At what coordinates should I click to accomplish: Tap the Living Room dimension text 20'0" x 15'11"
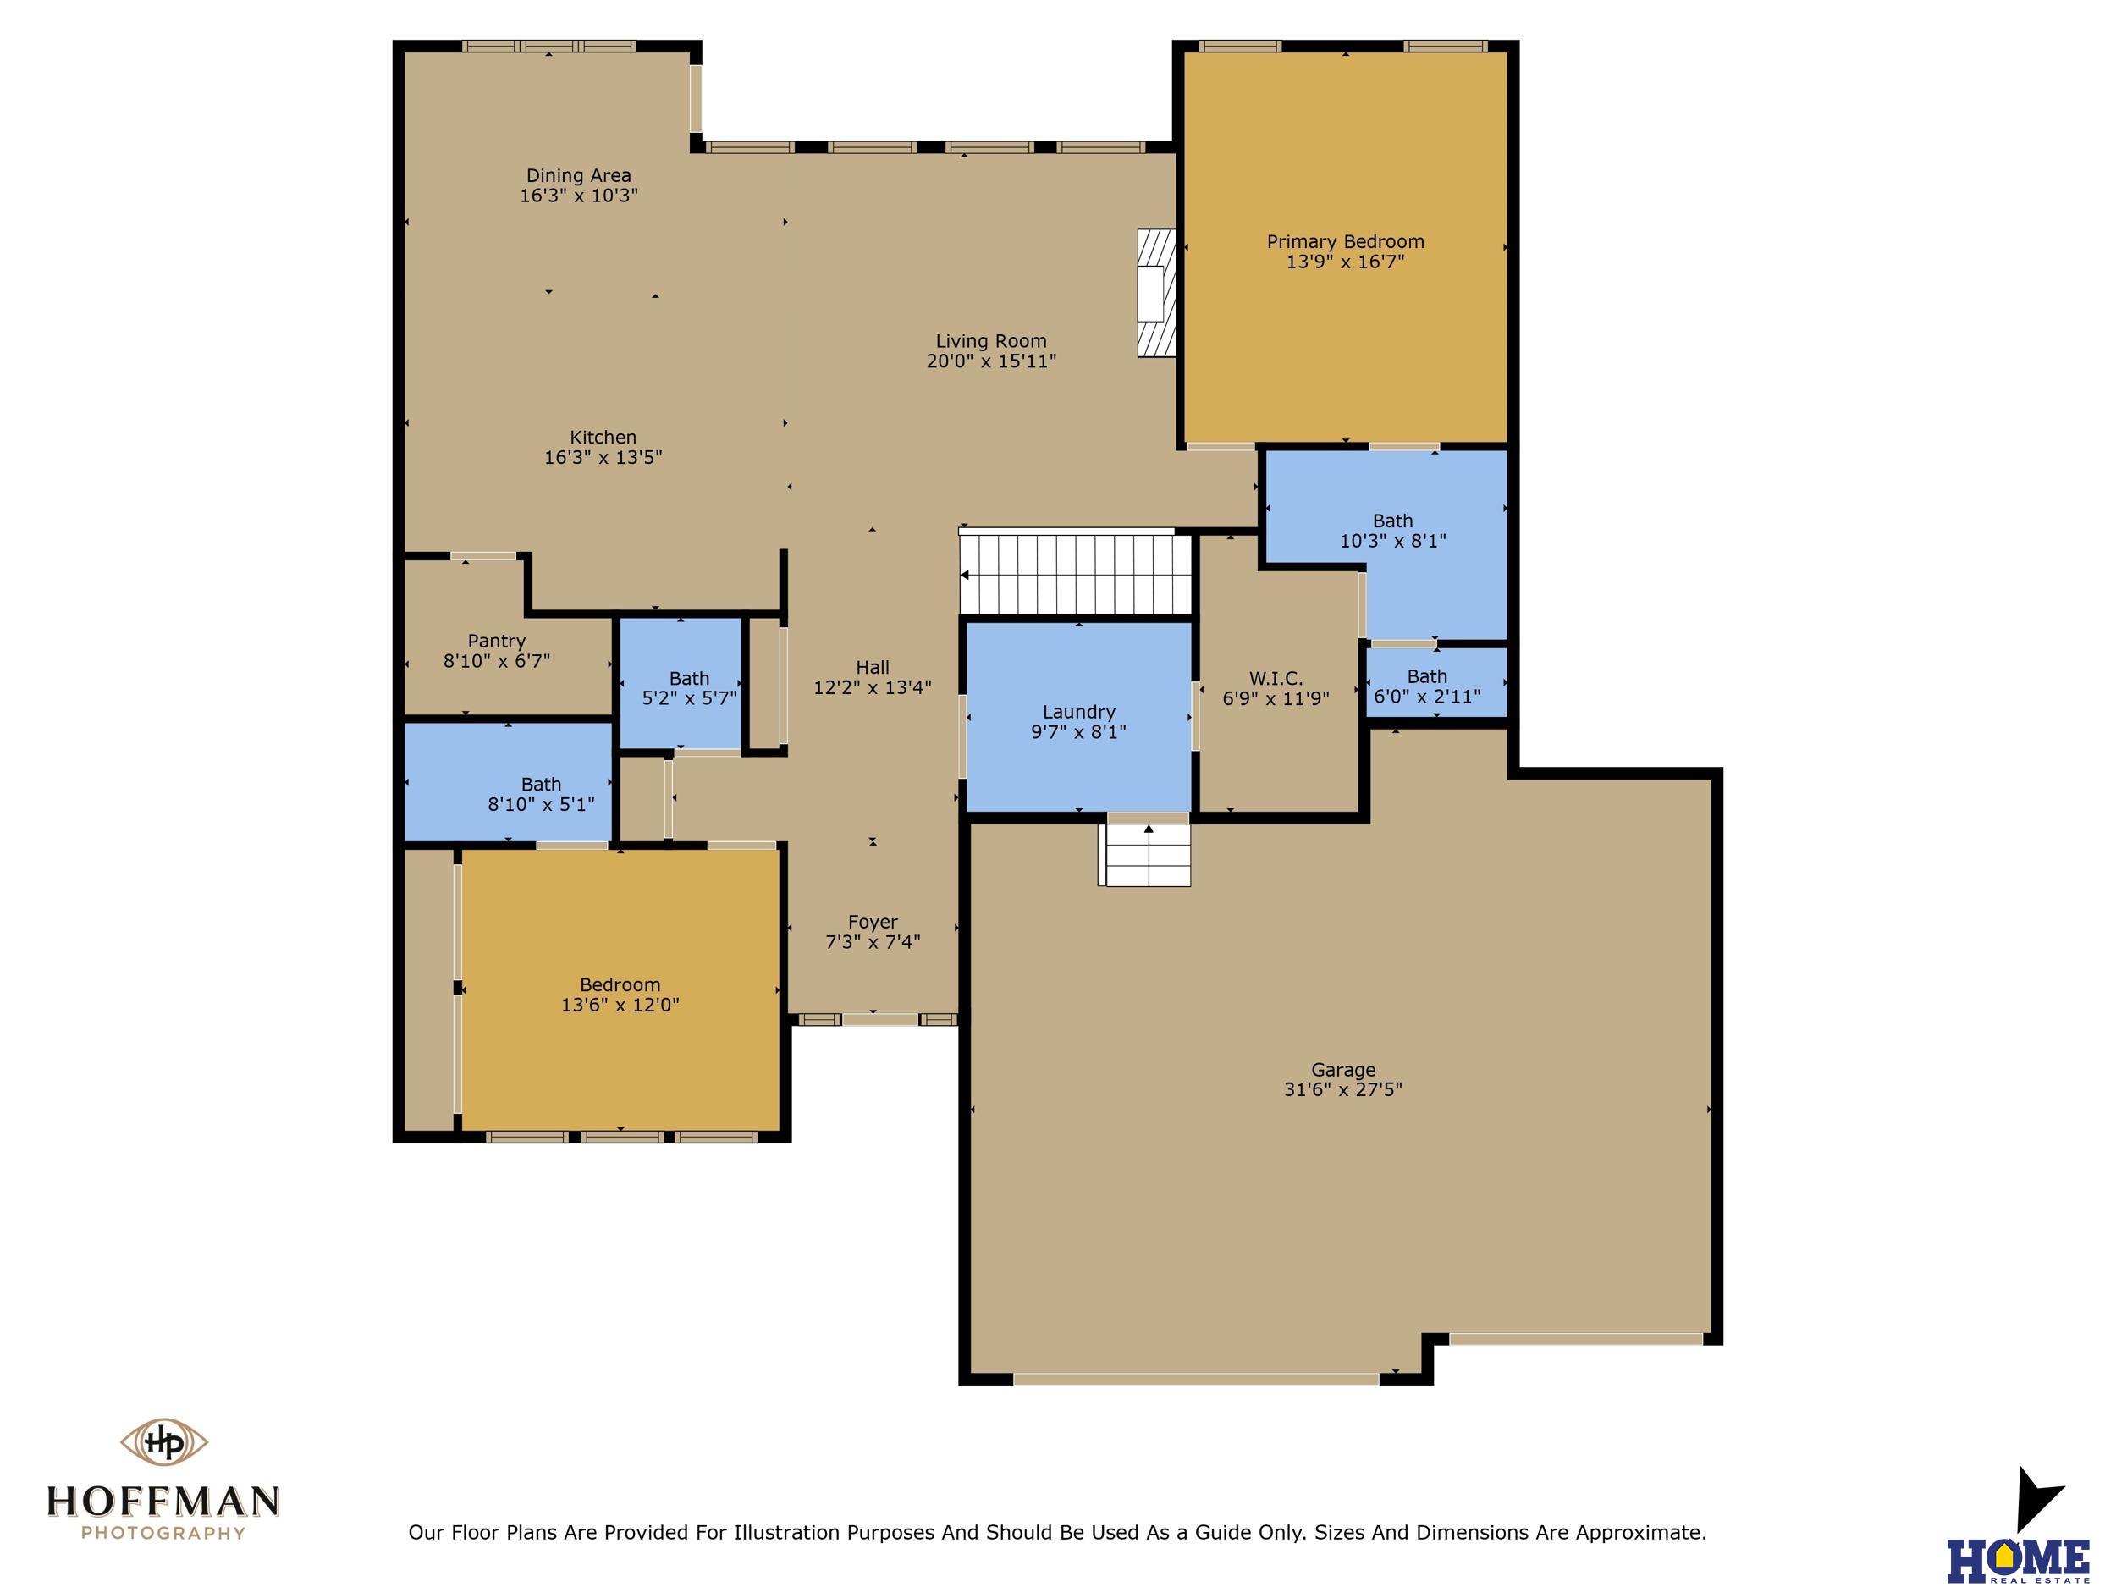(x=991, y=361)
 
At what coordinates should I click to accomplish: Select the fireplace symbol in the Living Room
(x=1155, y=293)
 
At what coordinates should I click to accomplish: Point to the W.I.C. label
(x=1276, y=679)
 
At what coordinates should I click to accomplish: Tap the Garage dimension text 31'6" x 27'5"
(x=1343, y=1089)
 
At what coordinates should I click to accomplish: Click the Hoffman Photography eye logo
(x=163, y=1442)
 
